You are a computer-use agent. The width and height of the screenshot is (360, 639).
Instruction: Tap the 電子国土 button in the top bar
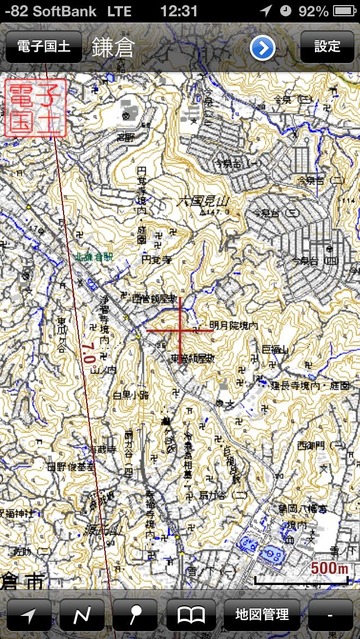coord(43,47)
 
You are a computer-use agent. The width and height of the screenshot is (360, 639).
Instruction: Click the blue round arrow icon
coord(263,47)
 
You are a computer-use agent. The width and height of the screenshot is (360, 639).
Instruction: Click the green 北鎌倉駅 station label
coord(95,257)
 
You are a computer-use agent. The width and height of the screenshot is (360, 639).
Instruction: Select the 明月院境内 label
coord(234,326)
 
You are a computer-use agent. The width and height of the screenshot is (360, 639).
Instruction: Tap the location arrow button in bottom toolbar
coord(29,614)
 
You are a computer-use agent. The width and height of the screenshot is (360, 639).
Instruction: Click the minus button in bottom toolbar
coord(331,614)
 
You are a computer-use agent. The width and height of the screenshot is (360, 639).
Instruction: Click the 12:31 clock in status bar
coord(179,10)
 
